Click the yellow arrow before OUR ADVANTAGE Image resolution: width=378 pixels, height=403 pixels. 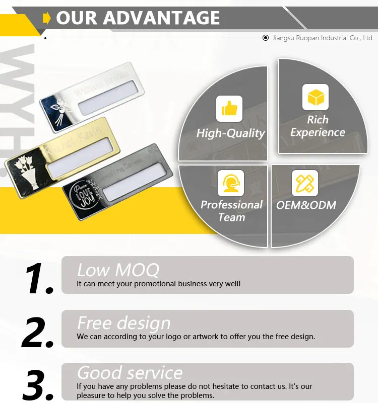(x=47, y=19)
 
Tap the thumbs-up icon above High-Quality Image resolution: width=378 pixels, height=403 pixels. (x=229, y=108)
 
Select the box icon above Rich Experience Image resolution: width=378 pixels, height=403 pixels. (x=316, y=97)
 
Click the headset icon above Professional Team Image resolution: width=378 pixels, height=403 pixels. (x=230, y=183)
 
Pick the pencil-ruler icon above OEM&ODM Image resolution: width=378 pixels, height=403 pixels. (x=305, y=183)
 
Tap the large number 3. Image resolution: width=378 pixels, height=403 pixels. (x=38, y=384)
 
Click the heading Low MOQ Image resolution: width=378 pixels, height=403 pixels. (x=118, y=270)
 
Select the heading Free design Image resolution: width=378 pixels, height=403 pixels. (x=124, y=323)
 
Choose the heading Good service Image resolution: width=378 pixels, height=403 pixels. (x=130, y=373)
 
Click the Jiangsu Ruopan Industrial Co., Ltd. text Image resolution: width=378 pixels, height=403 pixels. (x=323, y=38)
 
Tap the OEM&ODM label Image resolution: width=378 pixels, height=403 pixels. (x=306, y=205)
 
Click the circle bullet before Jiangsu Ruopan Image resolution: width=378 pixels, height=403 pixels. (x=266, y=38)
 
